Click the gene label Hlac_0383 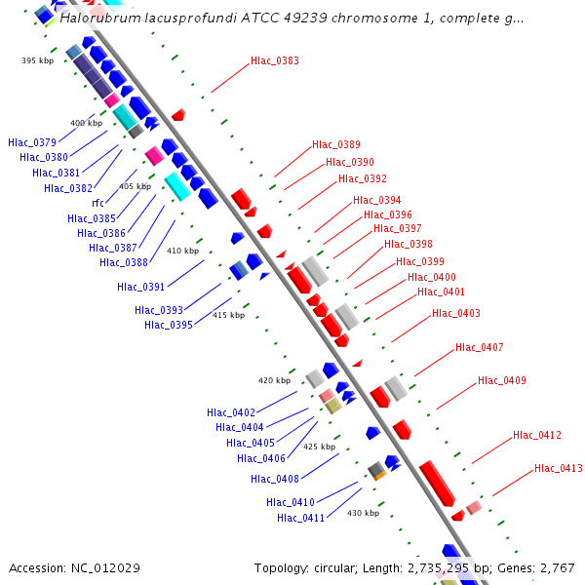tap(275, 60)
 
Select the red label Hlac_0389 tap(336, 144)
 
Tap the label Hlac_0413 tap(558, 469)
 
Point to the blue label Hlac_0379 tap(32, 143)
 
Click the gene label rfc tap(98, 203)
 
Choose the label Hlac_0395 tap(169, 325)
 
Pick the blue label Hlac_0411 tap(301, 518)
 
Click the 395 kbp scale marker tap(37, 60)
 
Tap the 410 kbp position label tap(182, 251)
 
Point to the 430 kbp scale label tap(363, 513)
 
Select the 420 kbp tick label tap(274, 380)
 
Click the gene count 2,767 tap(557, 567)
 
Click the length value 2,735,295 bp tap(456, 567)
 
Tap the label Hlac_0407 tap(480, 348)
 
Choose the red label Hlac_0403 tap(456, 313)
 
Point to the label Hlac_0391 tap(141, 287)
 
